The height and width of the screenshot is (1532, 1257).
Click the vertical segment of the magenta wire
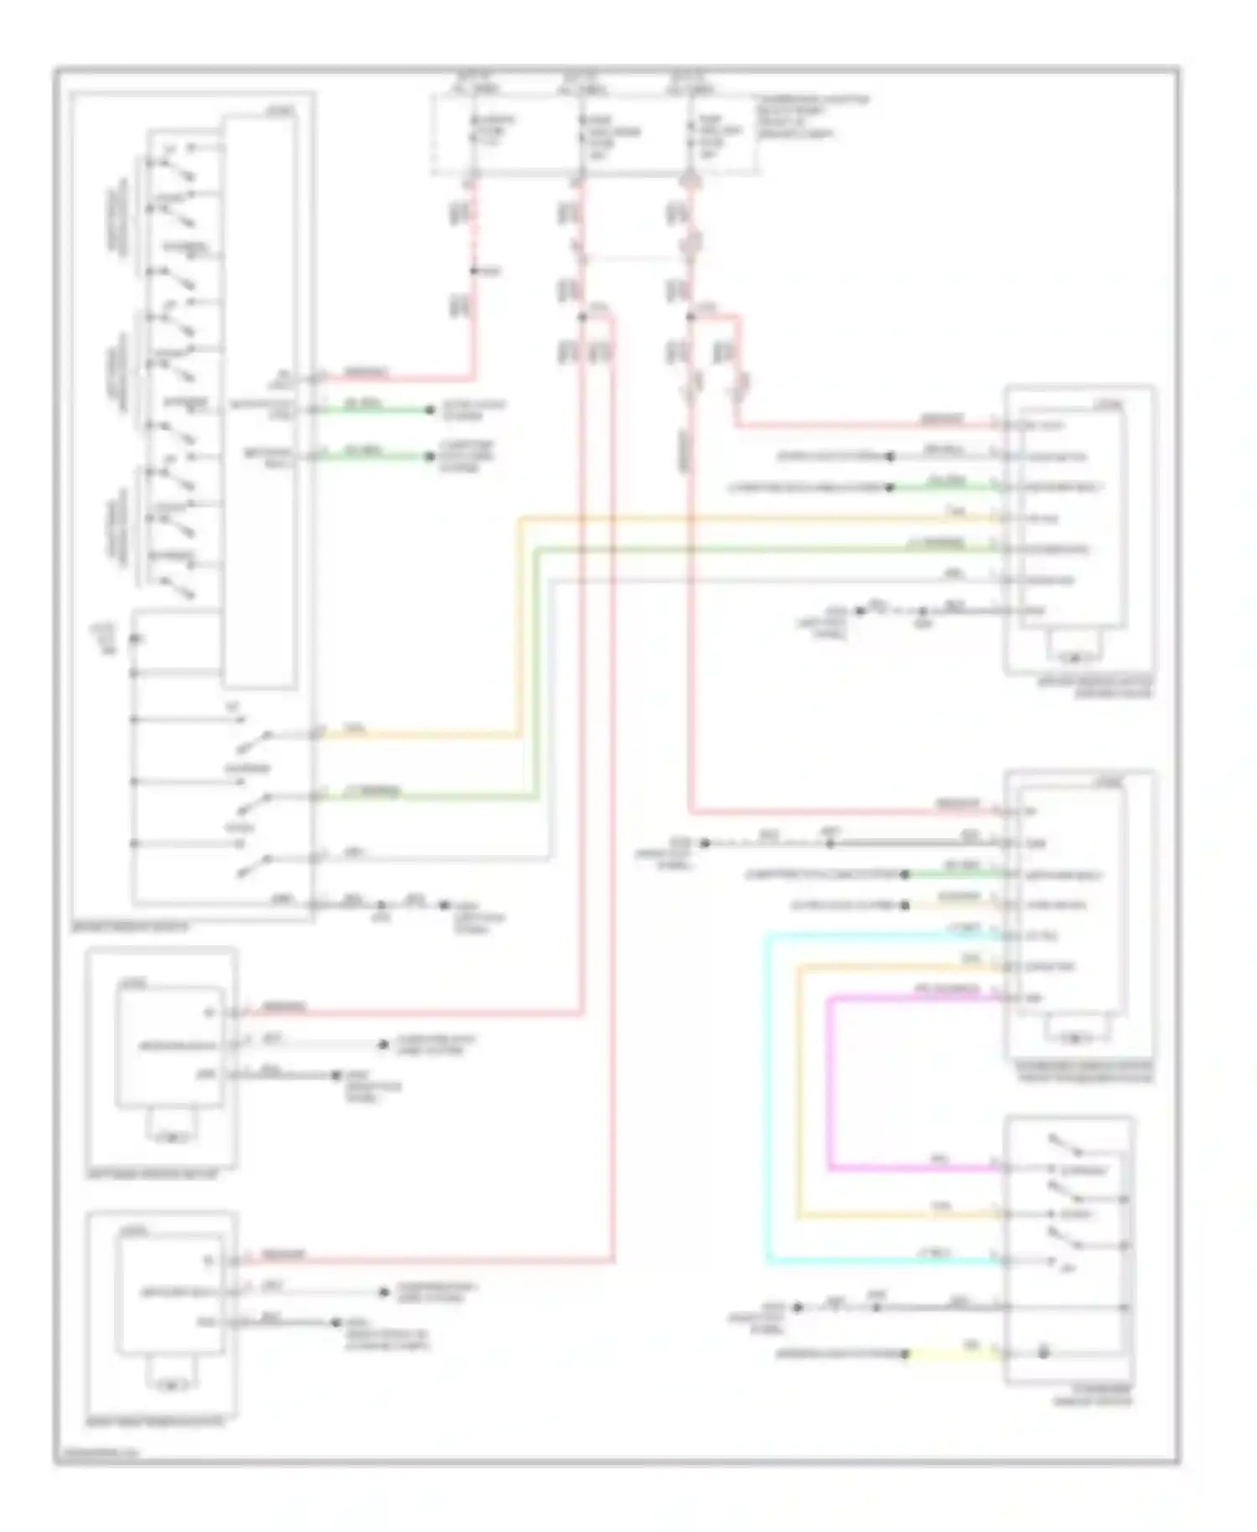(x=829, y=1081)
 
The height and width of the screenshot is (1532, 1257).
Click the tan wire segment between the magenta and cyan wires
(x=798, y=1089)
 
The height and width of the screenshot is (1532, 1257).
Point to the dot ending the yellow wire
(x=905, y=1353)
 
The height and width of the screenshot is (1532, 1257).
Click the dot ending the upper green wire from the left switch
(x=430, y=410)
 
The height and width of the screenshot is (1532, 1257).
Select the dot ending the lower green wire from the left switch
(x=430, y=457)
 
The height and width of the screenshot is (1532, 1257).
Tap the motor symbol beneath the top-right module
(x=1076, y=656)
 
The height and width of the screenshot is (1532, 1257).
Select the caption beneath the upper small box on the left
(x=152, y=1175)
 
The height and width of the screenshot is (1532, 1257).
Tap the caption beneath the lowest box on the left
(x=156, y=1422)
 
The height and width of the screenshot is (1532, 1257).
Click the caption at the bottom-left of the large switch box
(x=129, y=927)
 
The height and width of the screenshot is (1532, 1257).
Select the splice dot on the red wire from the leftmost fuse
(x=473, y=271)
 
